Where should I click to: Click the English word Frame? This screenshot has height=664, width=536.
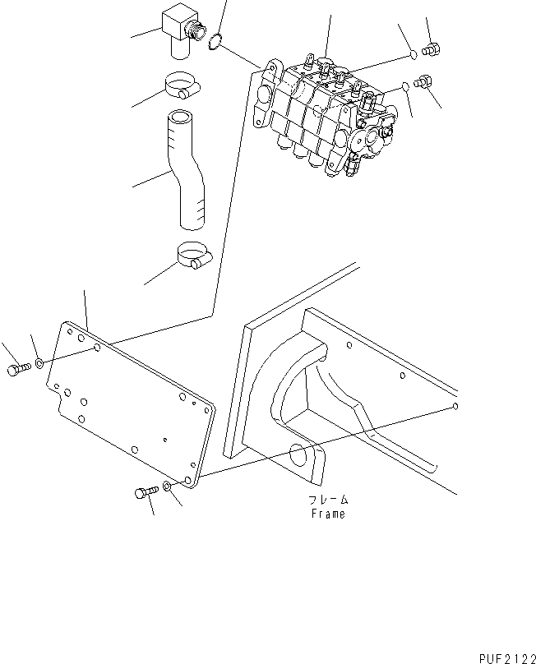(x=328, y=514)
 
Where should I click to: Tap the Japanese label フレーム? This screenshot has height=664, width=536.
(x=329, y=500)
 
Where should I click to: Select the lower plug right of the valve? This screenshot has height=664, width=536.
(x=423, y=82)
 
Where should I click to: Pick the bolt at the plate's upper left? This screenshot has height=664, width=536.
(x=19, y=370)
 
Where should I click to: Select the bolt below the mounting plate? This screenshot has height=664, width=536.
(x=143, y=493)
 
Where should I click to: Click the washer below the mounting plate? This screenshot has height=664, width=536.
(x=167, y=487)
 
